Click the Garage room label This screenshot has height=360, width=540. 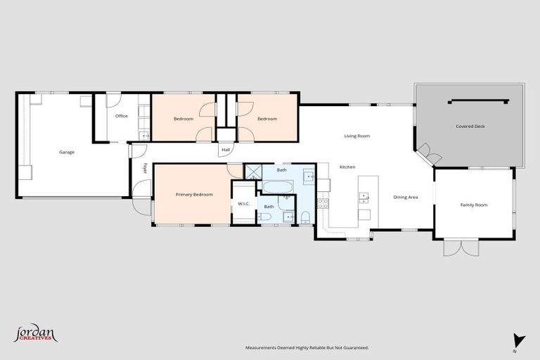(67, 152)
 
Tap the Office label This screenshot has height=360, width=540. (122, 116)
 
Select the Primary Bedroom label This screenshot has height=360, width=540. (194, 194)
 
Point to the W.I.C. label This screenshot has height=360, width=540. (245, 204)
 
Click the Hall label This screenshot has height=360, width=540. (226, 150)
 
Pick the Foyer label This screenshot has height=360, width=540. (145, 168)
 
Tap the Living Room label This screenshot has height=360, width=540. (356, 136)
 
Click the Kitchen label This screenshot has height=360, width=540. (347, 167)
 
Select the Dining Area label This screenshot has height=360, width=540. (406, 197)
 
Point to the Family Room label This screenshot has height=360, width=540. (474, 205)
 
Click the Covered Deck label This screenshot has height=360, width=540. (470, 127)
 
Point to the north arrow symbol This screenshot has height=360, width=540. (519, 340)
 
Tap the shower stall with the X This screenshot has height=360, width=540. (252, 172)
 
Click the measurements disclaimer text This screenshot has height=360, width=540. (307, 347)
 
